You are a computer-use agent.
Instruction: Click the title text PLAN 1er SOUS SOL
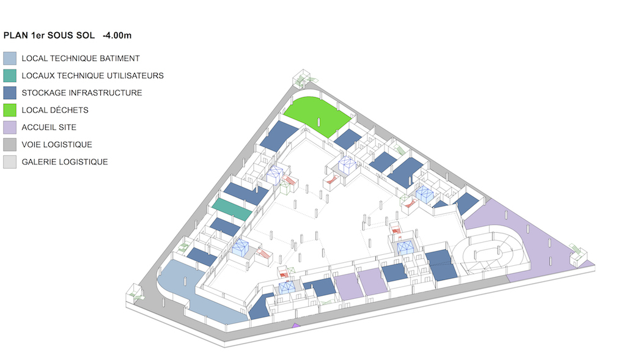49,35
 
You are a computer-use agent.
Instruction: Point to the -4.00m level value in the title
117,35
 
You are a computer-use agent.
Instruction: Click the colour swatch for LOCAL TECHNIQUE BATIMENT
10,58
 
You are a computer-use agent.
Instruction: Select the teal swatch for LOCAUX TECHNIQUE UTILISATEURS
10,75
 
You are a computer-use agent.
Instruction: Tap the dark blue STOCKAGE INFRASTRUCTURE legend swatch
10,92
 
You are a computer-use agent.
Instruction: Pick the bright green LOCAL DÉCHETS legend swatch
10,110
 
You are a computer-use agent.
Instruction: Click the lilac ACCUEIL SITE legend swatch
10,127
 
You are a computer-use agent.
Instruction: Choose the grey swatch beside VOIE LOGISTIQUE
10,144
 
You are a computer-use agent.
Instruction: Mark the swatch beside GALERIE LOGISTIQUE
10,161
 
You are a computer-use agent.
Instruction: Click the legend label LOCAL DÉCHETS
55,110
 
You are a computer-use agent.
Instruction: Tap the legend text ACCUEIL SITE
49,127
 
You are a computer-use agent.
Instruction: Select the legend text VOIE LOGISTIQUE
57,144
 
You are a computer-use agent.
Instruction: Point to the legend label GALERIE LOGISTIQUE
65,161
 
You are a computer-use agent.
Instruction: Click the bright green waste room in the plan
317,116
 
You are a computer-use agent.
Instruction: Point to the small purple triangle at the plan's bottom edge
296,326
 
